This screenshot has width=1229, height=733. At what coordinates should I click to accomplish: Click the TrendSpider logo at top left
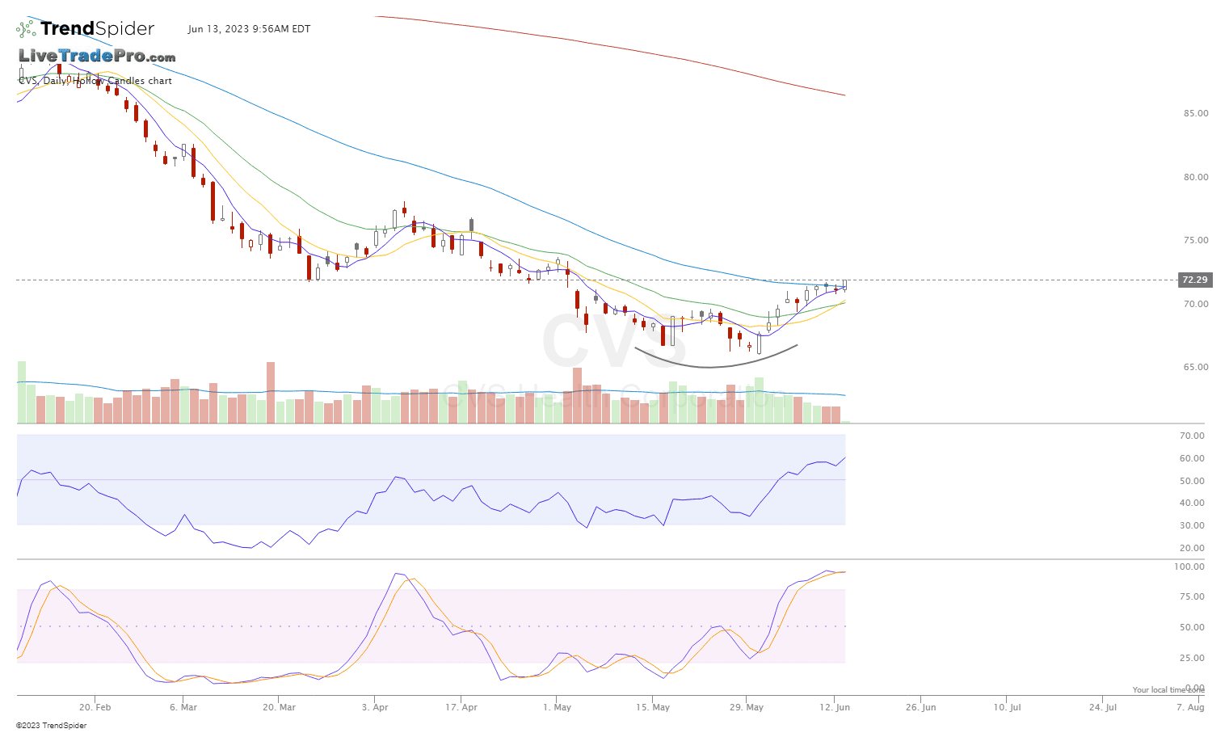[85, 29]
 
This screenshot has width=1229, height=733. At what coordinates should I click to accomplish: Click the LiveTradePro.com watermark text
[97, 56]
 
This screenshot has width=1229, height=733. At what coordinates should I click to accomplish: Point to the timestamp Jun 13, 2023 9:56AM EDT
[249, 29]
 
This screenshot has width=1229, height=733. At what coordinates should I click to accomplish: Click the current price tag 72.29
[1194, 280]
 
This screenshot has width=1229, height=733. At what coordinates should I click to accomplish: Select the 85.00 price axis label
[1196, 113]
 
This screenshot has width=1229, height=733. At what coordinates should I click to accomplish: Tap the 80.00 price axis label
[1196, 177]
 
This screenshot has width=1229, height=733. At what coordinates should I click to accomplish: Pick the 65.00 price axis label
[1196, 367]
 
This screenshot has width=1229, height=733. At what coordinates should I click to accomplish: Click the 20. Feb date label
[95, 707]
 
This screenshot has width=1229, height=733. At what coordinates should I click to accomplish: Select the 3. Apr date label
[375, 707]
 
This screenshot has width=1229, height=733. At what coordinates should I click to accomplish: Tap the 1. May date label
[558, 707]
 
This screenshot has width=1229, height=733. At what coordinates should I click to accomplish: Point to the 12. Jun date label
[835, 707]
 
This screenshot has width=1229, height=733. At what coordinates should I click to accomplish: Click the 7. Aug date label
[1190, 707]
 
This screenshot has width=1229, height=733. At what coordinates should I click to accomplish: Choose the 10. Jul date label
[1008, 707]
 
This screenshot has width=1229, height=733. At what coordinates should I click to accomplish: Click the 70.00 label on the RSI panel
[1192, 436]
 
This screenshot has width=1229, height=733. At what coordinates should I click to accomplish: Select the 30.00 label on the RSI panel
[1192, 525]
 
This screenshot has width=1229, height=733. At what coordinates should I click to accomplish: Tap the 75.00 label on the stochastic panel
[1192, 596]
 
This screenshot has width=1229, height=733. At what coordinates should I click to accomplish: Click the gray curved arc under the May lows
[711, 367]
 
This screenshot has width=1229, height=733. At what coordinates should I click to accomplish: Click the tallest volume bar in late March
[271, 392]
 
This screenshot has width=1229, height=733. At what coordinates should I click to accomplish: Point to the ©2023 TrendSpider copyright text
[51, 725]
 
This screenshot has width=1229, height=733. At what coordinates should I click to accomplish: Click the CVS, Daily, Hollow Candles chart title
[95, 81]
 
